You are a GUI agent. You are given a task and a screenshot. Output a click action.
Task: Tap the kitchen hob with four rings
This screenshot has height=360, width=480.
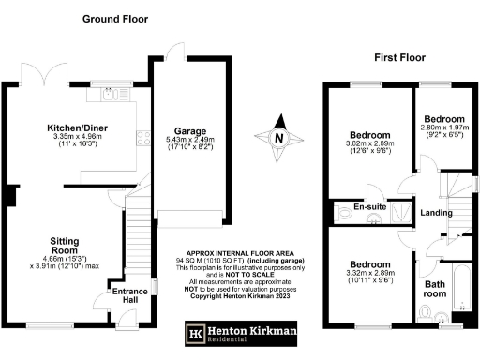click(143, 139)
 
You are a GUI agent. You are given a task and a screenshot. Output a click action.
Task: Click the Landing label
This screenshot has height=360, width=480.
click(433, 212)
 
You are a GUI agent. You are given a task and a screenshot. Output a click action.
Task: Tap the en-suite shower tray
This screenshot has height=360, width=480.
click(401, 212)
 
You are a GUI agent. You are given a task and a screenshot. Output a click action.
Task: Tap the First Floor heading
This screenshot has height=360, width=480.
click(401, 57)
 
